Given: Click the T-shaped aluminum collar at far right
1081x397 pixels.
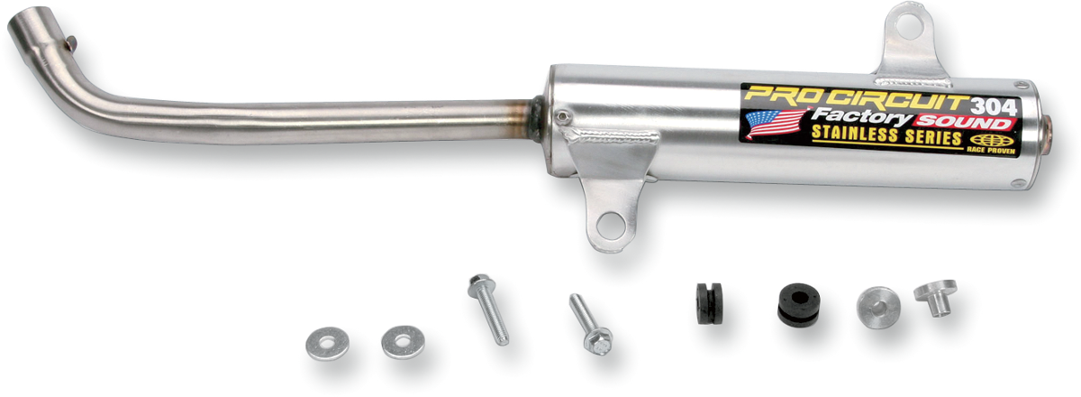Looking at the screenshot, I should point(935,297).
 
